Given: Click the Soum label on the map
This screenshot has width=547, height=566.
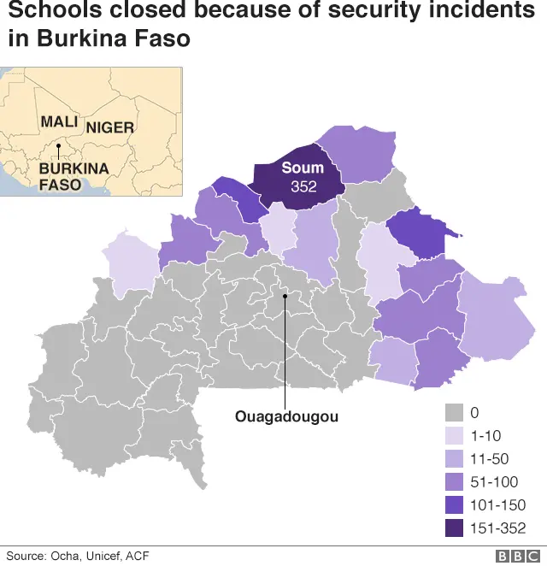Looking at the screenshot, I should pyautogui.click(x=303, y=168).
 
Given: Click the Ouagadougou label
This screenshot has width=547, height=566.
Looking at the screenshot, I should pyautogui.click(x=286, y=417).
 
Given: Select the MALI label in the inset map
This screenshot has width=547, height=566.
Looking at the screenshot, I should pyautogui.click(x=59, y=122).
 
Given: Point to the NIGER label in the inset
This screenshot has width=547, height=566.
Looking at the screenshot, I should pyautogui.click(x=110, y=127).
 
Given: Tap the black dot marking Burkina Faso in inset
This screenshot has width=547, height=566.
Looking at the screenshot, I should pyautogui.click(x=57, y=146).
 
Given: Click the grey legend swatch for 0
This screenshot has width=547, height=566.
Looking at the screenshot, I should pyautogui.click(x=455, y=412).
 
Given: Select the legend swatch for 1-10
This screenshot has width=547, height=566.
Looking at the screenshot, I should pyautogui.click(x=455, y=435).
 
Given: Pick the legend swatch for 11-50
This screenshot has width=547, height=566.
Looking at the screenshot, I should pyautogui.click(x=455, y=459).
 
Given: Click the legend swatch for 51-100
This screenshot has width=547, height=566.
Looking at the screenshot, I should pyautogui.click(x=455, y=482).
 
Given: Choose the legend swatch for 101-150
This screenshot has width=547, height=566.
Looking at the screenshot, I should pyautogui.click(x=455, y=505).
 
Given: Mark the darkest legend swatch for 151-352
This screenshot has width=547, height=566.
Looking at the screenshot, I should pyautogui.click(x=455, y=528).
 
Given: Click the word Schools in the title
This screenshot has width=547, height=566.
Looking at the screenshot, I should pyautogui.click(x=47, y=13).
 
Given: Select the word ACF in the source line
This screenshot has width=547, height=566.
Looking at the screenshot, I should pyautogui.click(x=138, y=556).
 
